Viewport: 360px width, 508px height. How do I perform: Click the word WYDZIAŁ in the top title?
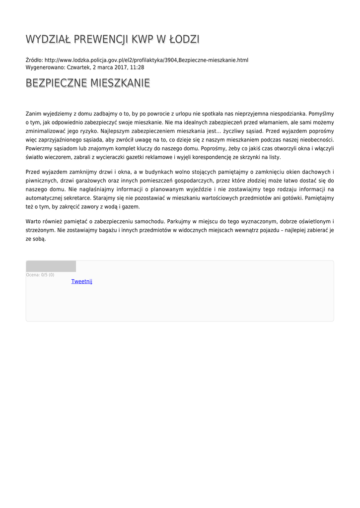(x=48, y=39)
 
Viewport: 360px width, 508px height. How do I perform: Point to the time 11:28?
(x=138, y=67)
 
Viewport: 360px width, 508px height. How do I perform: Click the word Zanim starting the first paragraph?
(x=33, y=114)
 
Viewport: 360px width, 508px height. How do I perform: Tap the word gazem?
(x=132, y=207)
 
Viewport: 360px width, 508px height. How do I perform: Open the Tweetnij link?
(x=81, y=281)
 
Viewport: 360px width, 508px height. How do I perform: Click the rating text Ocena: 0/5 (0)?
(x=40, y=275)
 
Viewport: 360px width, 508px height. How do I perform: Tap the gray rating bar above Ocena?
(x=51, y=266)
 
